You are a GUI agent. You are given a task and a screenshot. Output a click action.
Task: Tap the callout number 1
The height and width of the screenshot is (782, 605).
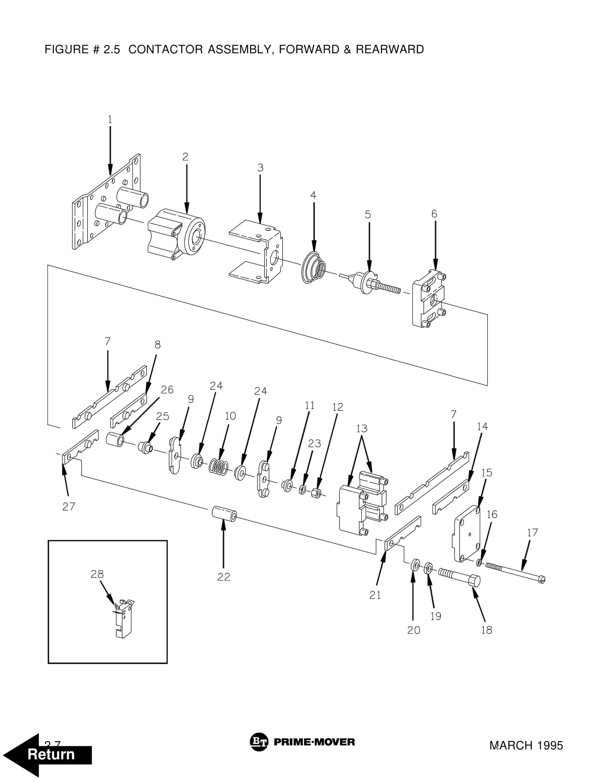point(110,119)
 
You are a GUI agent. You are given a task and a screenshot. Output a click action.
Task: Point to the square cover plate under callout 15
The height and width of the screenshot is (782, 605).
point(467,533)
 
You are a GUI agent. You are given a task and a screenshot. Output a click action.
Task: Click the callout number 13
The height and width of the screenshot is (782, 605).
point(362,429)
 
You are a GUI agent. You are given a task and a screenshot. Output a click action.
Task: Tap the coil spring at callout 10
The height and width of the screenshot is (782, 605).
point(219,467)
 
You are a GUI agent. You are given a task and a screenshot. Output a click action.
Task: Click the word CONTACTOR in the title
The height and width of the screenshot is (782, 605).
point(166,49)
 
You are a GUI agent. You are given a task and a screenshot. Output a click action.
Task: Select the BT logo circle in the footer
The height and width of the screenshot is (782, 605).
point(259,742)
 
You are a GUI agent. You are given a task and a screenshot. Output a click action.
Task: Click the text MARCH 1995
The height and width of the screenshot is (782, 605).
point(526,745)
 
